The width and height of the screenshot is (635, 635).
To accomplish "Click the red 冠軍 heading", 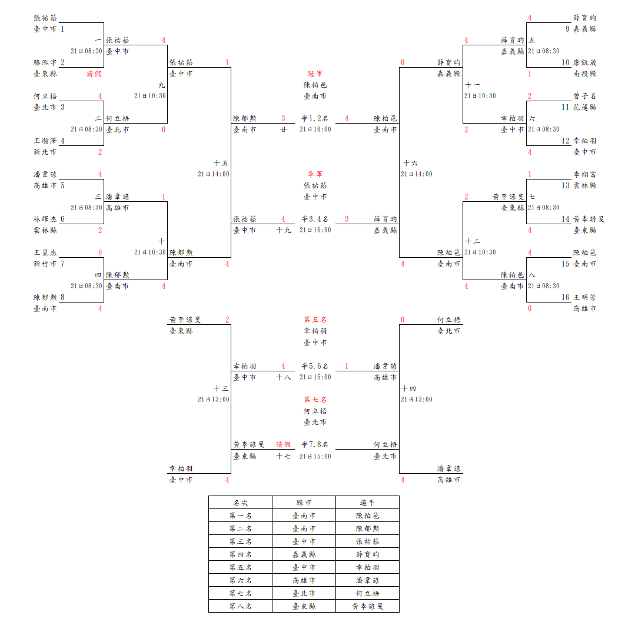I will coord(315,74).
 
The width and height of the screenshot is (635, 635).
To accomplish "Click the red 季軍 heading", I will coord(315,174).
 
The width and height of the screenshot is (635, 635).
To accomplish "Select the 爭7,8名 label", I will coord(315,445).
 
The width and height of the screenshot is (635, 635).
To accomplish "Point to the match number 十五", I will coord(221,163).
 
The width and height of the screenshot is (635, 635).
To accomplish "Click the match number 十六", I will coord(410,163).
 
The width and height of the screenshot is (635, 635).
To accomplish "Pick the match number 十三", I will coord(221,388).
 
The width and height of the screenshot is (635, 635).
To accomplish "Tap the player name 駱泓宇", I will coord(45,62).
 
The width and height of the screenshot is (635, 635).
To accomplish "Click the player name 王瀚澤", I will coord(45,141).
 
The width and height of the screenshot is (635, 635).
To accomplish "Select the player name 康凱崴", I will coord(584,62).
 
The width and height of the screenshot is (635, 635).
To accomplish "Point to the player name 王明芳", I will coord(584,297).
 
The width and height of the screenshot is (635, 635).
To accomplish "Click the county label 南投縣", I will coord(584,74).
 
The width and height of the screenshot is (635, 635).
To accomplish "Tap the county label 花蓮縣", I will coord(584,107).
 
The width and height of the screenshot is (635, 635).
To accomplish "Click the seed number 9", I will coord(567,29).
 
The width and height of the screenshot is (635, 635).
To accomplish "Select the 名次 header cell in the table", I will coord(240,503).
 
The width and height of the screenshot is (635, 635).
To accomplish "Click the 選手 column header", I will coord(367,503).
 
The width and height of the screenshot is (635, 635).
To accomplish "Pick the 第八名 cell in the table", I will coord(240,606).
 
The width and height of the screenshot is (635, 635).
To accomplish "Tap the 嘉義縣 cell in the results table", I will coord(304,554).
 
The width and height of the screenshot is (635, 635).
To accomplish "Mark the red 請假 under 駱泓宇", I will coord(94,74).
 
